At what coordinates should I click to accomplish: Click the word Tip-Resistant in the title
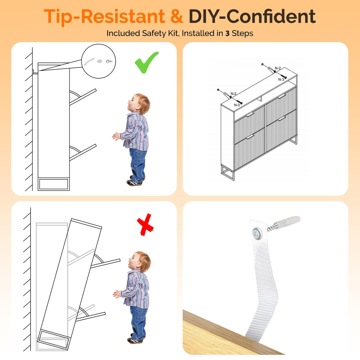coord(104,17)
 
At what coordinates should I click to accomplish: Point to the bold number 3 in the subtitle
coord(227,34)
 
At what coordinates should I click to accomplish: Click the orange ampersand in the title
coord(177,16)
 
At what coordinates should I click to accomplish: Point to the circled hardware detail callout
coord(99,61)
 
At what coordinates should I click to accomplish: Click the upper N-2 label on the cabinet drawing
coord(278,68)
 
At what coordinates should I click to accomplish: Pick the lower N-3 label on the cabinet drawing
coord(237,105)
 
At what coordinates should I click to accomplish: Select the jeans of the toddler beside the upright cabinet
coord(138,164)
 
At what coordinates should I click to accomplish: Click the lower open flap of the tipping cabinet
coord(91,316)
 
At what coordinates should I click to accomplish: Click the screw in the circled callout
coord(109,61)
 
